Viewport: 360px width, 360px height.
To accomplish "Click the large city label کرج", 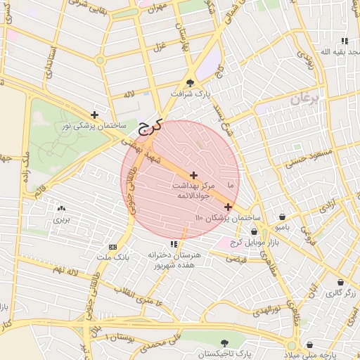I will click(x=149, y=127).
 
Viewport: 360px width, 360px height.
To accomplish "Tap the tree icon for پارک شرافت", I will click(x=190, y=84).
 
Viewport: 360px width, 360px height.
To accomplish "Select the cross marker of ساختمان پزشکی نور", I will click(x=95, y=115).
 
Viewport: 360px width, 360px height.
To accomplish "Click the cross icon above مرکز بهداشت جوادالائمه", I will click(x=193, y=174).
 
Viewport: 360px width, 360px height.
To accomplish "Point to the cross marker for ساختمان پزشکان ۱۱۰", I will click(x=229, y=207).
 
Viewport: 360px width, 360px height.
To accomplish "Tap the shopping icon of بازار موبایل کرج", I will click(x=254, y=231).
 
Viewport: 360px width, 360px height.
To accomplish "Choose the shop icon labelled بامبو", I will click(x=282, y=217).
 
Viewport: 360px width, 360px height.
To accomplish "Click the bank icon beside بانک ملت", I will click(x=112, y=247).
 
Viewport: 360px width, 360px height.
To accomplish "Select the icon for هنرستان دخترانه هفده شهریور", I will click(x=174, y=244).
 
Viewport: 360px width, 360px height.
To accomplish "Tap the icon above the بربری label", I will click(x=60, y=209).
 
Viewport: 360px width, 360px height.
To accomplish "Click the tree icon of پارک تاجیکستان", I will click(x=224, y=343).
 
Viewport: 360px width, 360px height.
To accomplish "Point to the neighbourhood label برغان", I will click(x=305, y=99).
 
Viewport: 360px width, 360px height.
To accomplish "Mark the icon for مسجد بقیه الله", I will click(x=345, y=41).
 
